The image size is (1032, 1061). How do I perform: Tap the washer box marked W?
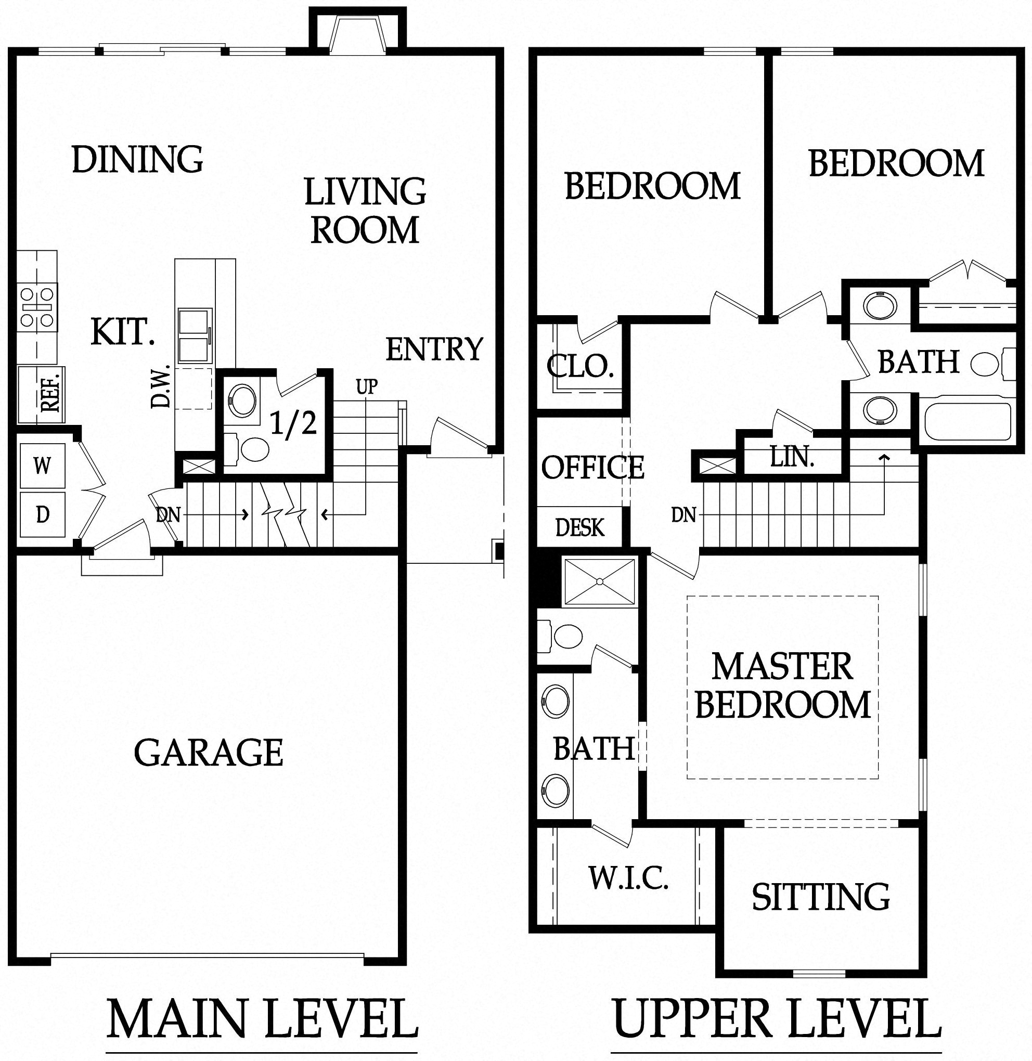click(42, 465)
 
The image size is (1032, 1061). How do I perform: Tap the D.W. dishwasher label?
click(161, 386)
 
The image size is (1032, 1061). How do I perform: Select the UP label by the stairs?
click(366, 387)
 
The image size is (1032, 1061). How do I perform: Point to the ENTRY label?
click(434, 349)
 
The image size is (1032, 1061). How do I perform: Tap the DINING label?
click(137, 160)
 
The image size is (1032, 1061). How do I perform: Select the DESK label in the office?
click(579, 527)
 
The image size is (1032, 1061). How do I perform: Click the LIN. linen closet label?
click(792, 457)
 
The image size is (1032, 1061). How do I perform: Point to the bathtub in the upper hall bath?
click(967, 422)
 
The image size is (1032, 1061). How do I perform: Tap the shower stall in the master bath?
click(599, 581)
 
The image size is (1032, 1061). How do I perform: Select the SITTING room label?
click(821, 897)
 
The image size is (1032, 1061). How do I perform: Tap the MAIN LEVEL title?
click(262, 1019)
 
